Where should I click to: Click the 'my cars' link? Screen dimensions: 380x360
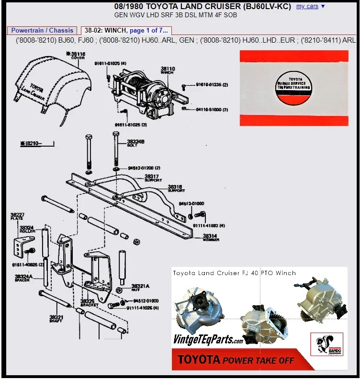[307, 6]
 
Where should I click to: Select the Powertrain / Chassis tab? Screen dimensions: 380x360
[42, 30]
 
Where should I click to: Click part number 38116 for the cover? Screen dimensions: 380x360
[77, 56]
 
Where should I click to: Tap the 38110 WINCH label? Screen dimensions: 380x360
[168, 70]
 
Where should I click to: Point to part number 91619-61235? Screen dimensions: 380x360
[212, 85]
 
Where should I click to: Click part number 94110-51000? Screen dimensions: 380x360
[212, 110]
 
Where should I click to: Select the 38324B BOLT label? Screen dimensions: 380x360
[135, 143]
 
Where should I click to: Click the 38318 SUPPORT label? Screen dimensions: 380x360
[175, 188]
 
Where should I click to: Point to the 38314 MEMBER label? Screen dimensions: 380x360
[211, 237]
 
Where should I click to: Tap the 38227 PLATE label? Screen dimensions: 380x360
[17, 216]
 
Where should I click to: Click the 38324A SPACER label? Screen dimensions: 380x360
[23, 278]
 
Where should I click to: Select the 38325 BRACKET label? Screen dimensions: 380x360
[90, 303]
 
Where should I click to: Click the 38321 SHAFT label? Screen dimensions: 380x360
[56, 319]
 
